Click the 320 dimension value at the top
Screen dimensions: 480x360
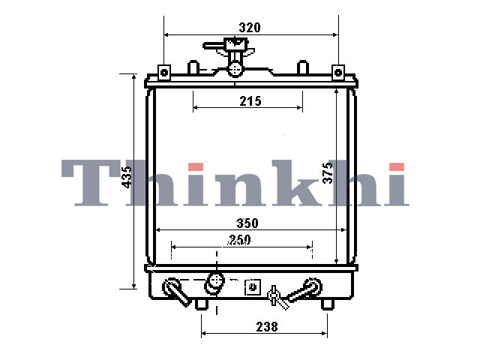pos(250,28)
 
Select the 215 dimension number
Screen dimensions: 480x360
pos(250,101)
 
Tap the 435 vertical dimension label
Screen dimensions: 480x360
pos(127,177)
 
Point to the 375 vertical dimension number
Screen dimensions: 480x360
pos(328,173)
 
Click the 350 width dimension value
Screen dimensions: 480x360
pos(247,223)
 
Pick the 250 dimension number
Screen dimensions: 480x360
pos(239,240)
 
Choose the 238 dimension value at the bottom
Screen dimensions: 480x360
pos(267,327)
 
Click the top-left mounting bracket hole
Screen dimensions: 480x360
pos(164,73)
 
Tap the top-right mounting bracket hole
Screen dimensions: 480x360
pos(338,73)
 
